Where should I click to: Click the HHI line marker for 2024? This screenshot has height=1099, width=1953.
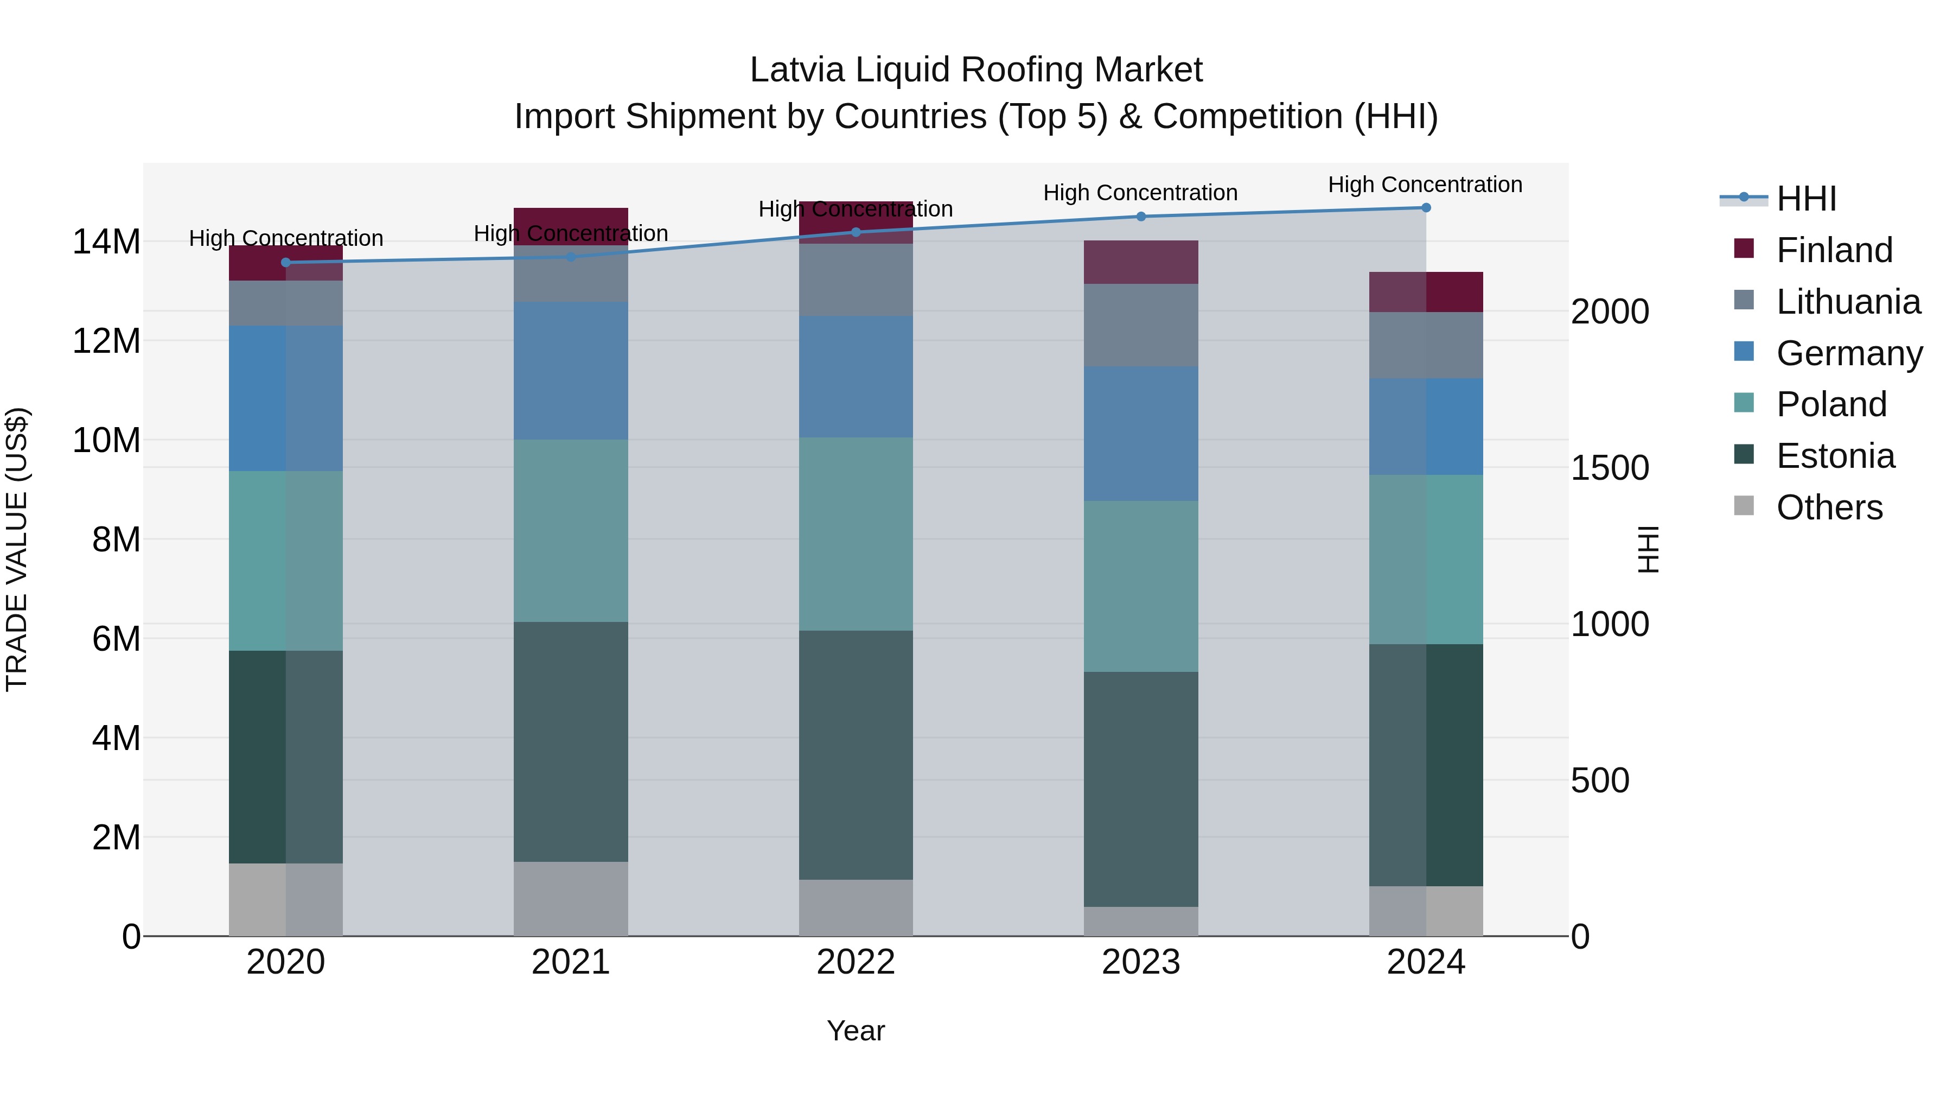coord(1425,207)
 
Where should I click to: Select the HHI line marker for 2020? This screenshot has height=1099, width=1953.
coord(286,263)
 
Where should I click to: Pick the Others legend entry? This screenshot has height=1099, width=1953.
coord(1829,507)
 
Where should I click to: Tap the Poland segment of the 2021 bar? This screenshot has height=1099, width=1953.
coord(570,531)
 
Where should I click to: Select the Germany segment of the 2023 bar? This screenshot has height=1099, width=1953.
coord(1140,433)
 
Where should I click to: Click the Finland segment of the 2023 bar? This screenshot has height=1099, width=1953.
coord(1140,262)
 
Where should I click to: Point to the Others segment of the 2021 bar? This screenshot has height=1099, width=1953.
coord(570,899)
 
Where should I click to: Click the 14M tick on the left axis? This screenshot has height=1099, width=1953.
coord(106,242)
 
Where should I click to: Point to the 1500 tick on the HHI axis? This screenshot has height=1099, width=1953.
coord(1609,468)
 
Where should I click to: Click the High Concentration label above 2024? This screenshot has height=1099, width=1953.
coord(1425,185)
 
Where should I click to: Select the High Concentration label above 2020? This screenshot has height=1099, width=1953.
coord(286,238)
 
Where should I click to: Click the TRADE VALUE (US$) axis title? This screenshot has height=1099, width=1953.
coord(17,549)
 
